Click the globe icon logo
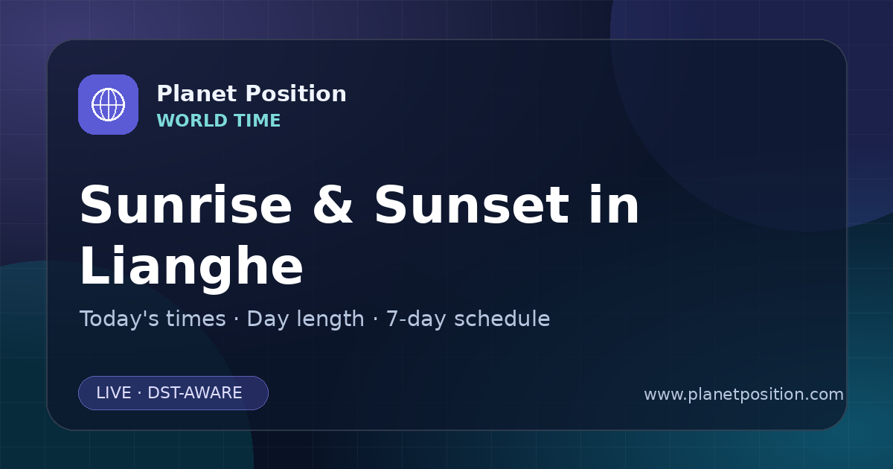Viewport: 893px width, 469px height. tap(108, 104)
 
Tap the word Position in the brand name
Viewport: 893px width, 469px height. tap(296, 94)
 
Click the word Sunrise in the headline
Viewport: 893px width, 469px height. tap(186, 205)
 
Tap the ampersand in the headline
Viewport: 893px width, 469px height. tap(333, 205)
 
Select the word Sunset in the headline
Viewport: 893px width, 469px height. tap(472, 205)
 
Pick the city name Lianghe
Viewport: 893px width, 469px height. tap(192, 267)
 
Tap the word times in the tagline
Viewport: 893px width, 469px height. tap(196, 319)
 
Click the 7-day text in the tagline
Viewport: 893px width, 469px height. tap(417, 319)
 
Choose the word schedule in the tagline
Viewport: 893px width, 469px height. tap(502, 319)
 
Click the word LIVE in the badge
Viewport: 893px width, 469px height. tap(114, 393)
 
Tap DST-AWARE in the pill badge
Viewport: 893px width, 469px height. tap(194, 393)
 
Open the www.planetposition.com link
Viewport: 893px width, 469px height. tap(743, 395)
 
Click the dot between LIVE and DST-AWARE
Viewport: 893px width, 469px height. tap(140, 393)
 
